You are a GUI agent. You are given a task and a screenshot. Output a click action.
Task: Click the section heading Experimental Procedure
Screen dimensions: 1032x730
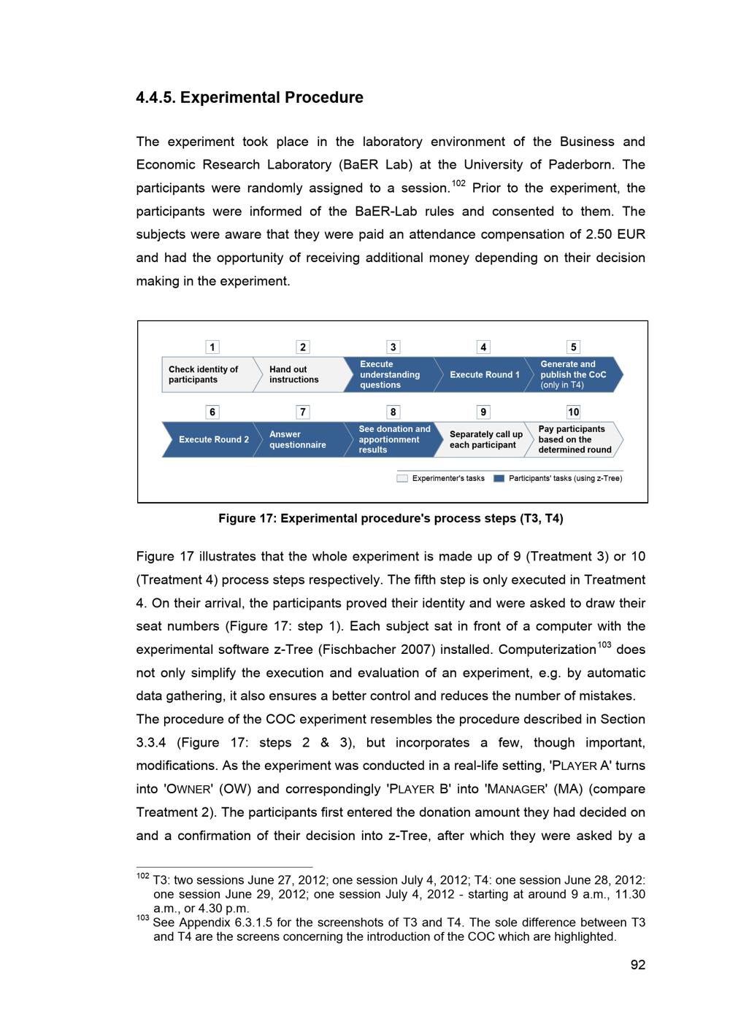point(250,98)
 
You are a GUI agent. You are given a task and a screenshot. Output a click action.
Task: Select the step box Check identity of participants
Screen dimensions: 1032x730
point(206,374)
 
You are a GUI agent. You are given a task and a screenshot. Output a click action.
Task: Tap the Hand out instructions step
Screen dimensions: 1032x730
point(296,374)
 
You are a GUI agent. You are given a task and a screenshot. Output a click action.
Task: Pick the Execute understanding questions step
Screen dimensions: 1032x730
point(390,374)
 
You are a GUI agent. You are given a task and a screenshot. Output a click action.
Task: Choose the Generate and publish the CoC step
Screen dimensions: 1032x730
point(574,374)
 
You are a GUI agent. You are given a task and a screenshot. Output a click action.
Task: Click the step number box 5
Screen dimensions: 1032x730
point(574,347)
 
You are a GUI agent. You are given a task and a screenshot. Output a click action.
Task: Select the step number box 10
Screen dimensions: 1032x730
point(574,412)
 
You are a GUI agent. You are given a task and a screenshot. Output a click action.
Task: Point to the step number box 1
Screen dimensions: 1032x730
point(212,347)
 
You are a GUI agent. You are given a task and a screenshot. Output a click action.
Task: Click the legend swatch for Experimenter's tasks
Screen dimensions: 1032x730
point(402,479)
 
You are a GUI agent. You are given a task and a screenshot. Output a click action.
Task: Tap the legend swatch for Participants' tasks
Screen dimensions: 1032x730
point(499,479)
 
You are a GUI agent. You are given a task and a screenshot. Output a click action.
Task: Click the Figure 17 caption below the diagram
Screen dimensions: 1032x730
point(391,519)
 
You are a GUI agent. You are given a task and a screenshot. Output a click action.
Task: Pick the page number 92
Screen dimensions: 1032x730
point(638,965)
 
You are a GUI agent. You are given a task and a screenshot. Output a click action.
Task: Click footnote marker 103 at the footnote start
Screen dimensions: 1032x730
point(142,917)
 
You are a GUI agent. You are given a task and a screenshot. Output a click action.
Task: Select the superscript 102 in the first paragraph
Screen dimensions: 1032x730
point(458,183)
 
